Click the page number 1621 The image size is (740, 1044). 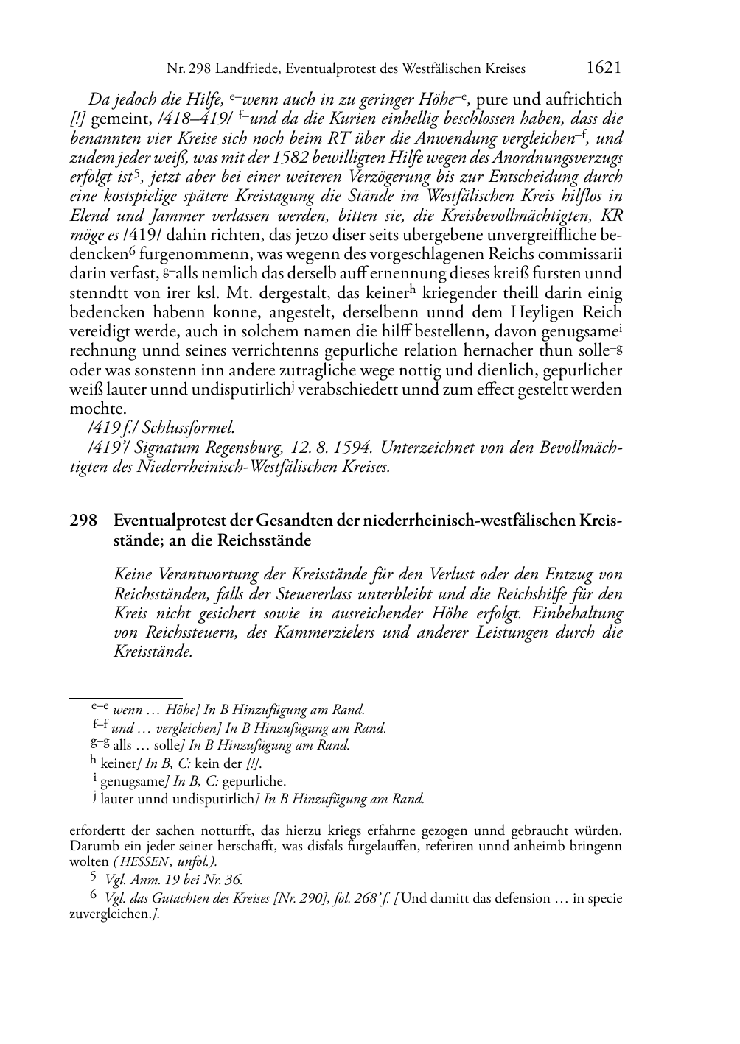603,68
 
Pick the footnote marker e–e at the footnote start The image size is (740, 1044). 100,708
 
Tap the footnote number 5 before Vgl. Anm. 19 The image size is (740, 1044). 94,878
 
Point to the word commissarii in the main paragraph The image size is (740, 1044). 582,255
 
